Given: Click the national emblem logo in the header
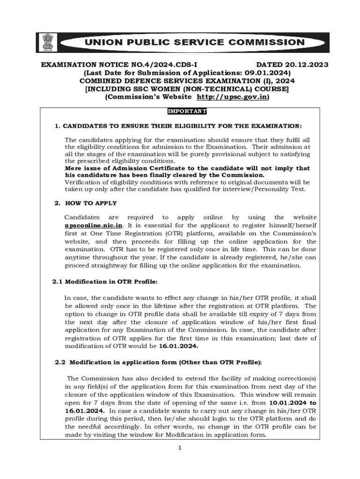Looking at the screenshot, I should tap(47, 42).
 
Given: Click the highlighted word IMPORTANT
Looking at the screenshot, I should tap(187, 111).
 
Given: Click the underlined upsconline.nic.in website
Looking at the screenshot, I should tap(94, 225).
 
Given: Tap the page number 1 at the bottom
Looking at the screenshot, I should tap(179, 448).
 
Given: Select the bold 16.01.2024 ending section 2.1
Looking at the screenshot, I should tap(179, 346).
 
